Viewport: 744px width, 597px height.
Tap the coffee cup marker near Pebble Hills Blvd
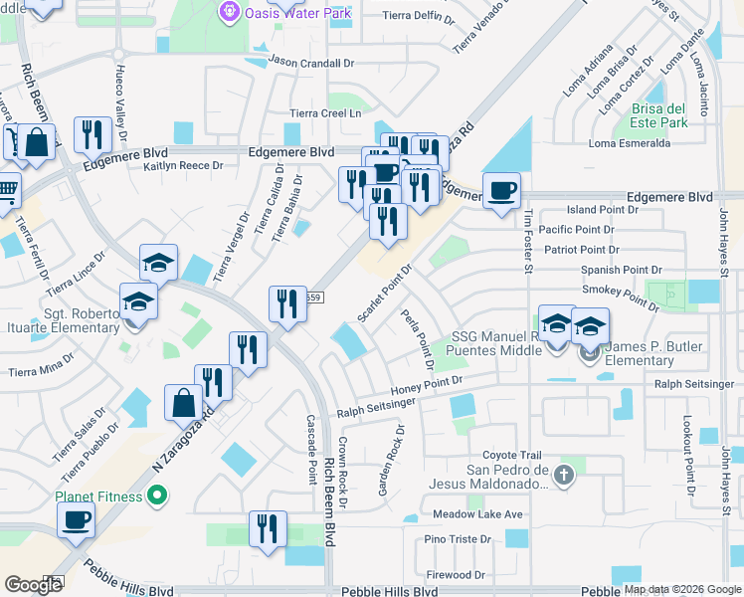76,519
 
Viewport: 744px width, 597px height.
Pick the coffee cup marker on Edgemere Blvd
501,189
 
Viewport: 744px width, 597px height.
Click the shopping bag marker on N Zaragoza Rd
184,403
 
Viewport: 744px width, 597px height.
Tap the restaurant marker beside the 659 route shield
287,304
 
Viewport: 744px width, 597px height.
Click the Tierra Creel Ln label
325,114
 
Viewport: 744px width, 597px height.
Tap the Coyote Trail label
514,455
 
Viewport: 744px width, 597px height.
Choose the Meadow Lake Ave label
477,514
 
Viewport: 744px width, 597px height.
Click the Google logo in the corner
33,585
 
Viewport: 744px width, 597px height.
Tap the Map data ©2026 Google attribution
682,589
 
